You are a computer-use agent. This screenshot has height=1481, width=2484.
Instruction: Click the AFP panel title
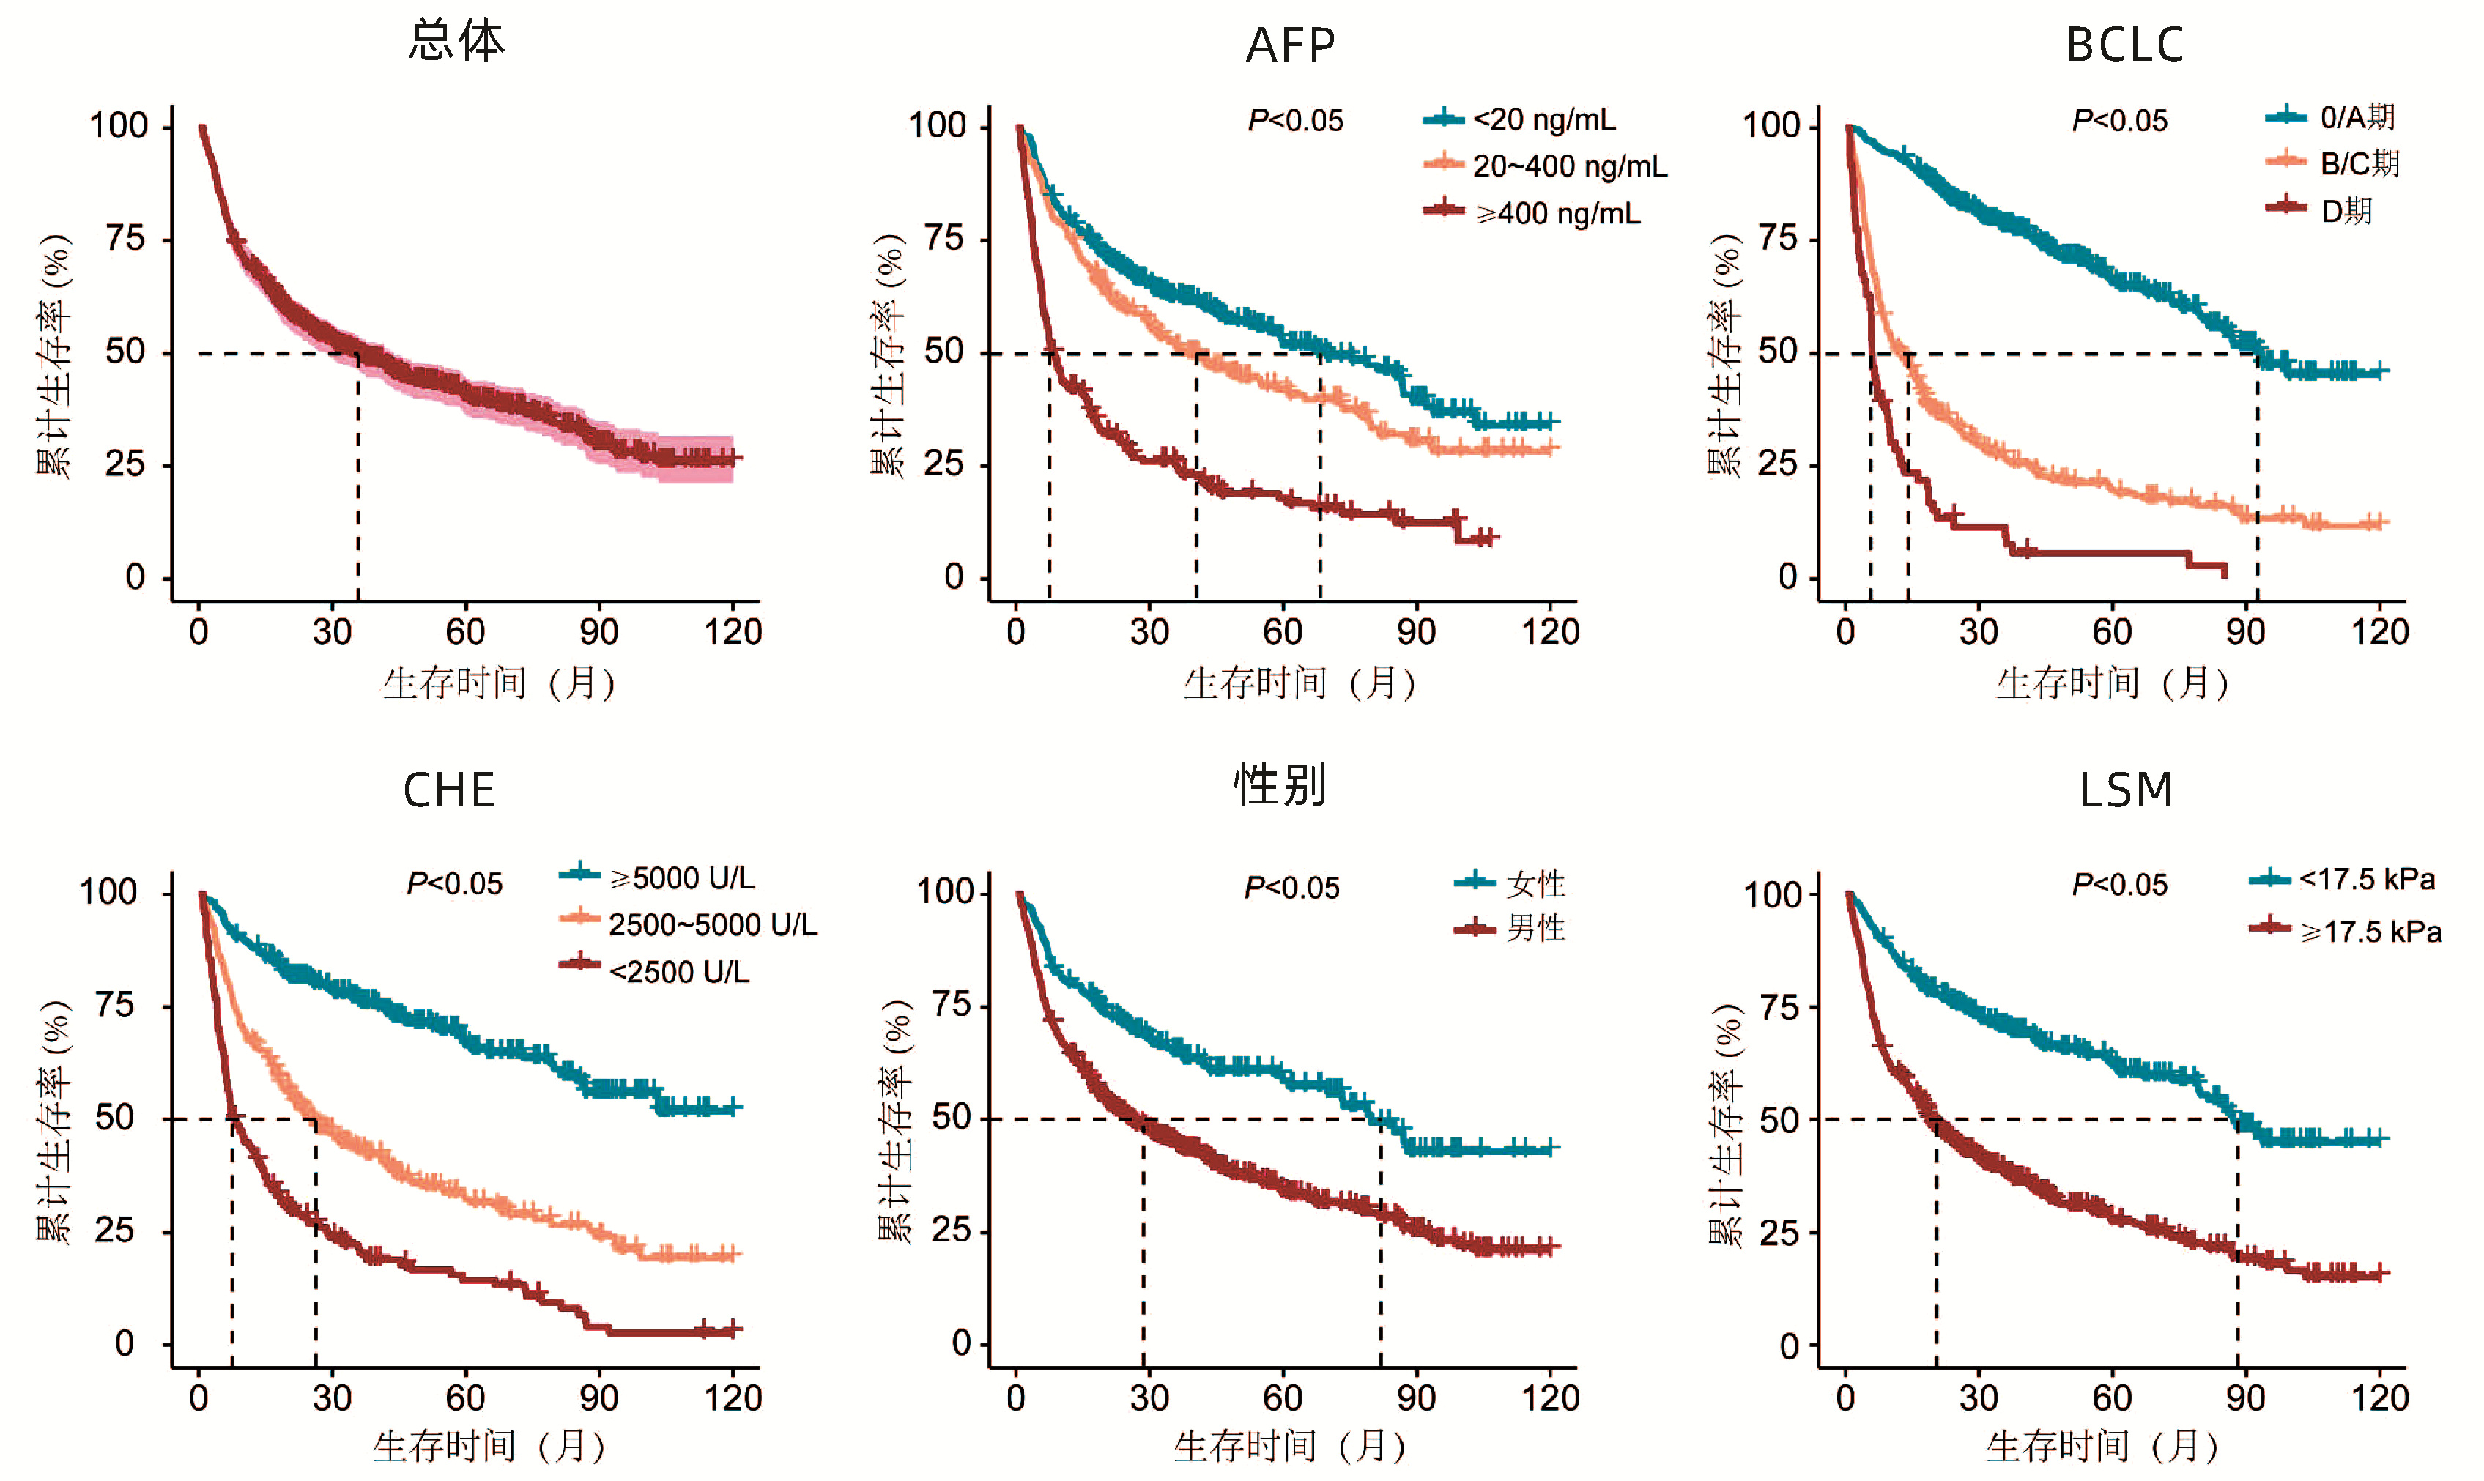1291,45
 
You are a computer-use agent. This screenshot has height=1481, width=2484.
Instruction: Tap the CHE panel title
449,790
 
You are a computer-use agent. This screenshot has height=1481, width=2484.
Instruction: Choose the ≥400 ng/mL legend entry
1557,214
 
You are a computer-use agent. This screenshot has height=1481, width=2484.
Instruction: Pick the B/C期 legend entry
2358,163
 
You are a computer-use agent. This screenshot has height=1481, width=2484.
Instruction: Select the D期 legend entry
2346,210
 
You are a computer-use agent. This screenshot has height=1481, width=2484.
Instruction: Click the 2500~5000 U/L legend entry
711,925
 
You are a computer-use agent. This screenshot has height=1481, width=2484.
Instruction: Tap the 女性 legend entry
1535,883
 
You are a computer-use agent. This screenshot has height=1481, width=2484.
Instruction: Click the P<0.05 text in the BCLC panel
2120,121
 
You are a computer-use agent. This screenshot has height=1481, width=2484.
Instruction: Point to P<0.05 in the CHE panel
454,884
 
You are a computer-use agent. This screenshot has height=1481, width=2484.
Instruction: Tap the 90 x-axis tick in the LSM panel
2245,1398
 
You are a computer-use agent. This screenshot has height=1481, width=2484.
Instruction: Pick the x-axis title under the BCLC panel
2112,683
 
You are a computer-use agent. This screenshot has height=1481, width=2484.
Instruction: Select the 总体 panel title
457,42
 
